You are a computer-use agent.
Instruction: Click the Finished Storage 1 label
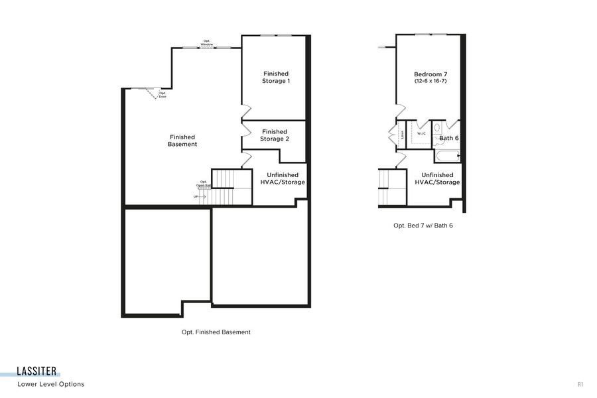(x=276, y=77)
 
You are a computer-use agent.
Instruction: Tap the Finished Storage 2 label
(x=274, y=135)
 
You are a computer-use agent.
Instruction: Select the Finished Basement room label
(x=182, y=141)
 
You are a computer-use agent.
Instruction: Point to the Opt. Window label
(x=207, y=43)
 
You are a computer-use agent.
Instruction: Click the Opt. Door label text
(x=163, y=95)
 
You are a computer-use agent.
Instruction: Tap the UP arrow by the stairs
(x=198, y=197)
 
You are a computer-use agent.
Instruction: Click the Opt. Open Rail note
(x=204, y=184)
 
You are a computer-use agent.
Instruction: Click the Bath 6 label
(x=449, y=138)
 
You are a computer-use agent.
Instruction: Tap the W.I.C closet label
(x=421, y=133)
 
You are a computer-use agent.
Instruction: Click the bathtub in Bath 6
(x=447, y=157)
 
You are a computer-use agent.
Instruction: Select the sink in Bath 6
(x=437, y=128)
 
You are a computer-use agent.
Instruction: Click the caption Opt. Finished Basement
(x=216, y=332)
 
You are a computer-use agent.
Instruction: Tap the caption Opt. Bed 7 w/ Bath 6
(x=423, y=226)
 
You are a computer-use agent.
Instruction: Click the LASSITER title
(x=37, y=371)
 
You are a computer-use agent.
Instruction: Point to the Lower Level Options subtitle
(x=51, y=384)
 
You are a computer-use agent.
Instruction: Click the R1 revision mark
(x=580, y=384)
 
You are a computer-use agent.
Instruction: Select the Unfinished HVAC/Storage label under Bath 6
(x=437, y=178)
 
